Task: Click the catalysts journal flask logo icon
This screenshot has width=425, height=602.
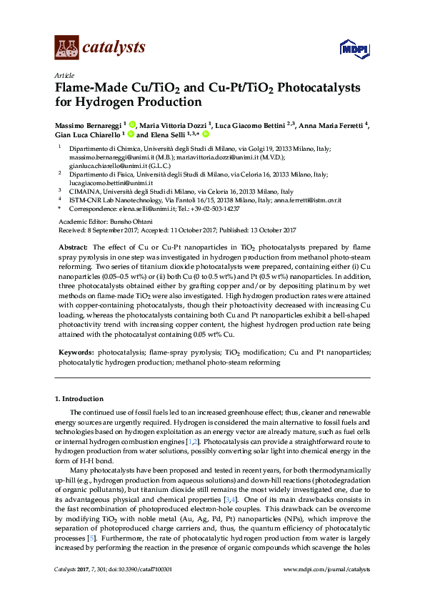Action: click(x=66, y=48)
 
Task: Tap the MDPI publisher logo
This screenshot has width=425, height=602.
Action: click(x=354, y=49)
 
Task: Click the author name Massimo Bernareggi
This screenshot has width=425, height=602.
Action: click(x=87, y=124)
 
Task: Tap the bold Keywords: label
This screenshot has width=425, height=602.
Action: click(x=75, y=353)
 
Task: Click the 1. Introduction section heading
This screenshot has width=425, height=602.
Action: click(x=79, y=398)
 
